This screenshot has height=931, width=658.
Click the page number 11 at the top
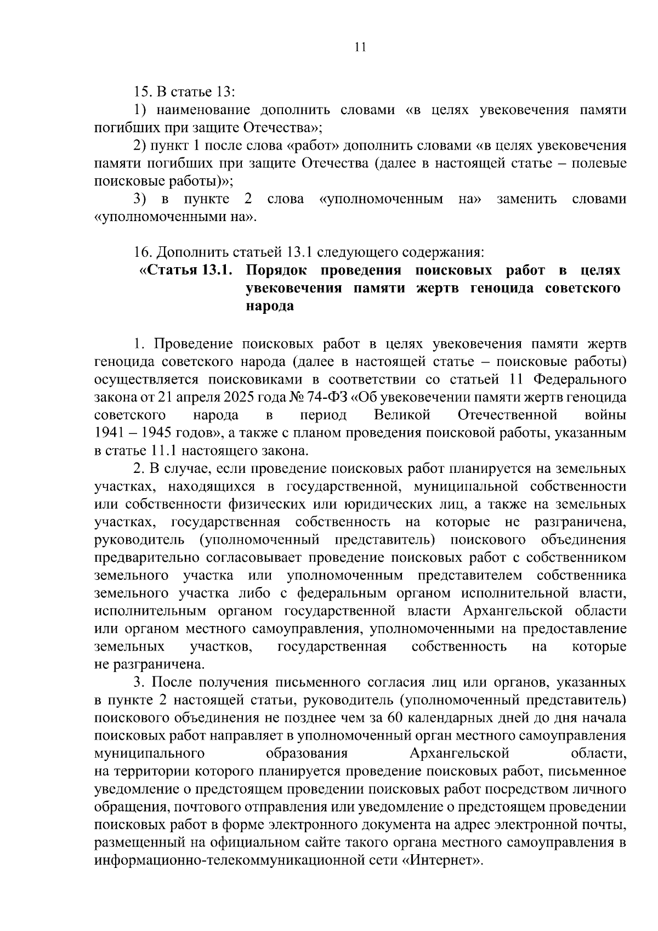click(x=360, y=47)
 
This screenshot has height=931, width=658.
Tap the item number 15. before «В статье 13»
click(x=144, y=91)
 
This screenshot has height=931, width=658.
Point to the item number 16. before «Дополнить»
click(x=144, y=252)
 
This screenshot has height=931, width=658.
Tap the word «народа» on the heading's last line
click(x=270, y=306)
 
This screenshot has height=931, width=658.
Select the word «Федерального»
click(x=580, y=379)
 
